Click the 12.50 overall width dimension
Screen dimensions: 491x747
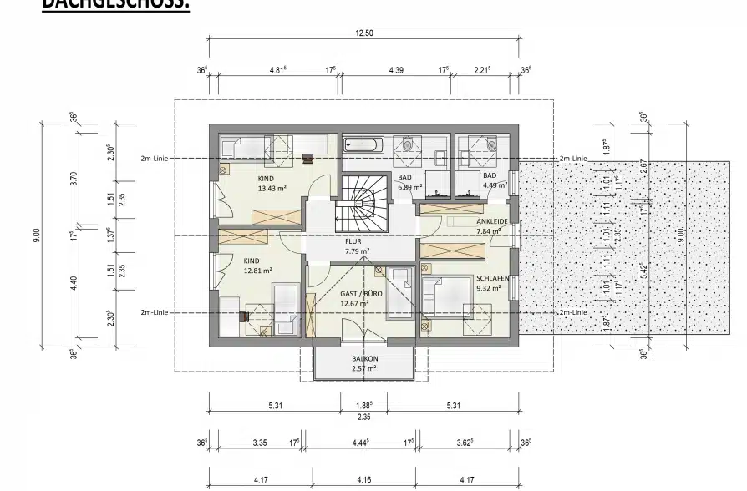click(x=363, y=33)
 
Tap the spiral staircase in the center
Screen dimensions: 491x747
click(x=363, y=205)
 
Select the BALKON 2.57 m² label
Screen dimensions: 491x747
click(x=363, y=363)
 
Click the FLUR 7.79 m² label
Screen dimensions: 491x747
click(x=357, y=245)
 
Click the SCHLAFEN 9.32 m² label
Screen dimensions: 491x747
click(x=488, y=284)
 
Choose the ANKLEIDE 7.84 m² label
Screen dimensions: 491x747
click(x=488, y=226)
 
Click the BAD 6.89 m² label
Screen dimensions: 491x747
click(x=409, y=183)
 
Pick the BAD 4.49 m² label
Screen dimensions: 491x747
click(x=495, y=180)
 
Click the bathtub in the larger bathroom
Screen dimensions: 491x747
click(x=363, y=144)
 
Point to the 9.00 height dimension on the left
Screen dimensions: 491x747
click(x=36, y=236)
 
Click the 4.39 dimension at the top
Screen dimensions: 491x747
click(x=396, y=71)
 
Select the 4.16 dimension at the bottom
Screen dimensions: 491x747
click(x=363, y=481)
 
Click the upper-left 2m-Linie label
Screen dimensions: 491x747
click(x=155, y=158)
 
